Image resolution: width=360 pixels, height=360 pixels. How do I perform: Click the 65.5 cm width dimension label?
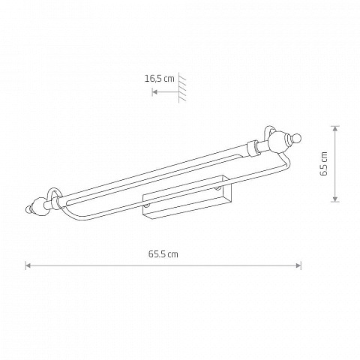(163, 254)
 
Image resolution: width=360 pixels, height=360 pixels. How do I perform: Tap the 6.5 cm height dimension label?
(324, 163)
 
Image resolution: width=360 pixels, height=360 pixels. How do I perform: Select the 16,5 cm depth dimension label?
(160, 79)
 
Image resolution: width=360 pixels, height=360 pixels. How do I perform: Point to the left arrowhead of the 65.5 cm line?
(28, 265)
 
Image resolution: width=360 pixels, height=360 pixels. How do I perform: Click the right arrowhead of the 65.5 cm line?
(298, 265)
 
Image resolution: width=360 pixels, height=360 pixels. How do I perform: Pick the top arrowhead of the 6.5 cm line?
(335, 128)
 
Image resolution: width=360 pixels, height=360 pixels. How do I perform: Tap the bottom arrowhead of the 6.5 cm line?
(335, 199)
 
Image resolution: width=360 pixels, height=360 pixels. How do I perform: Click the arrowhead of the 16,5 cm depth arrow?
(154, 92)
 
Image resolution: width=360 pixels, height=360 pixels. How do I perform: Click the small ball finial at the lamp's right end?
(297, 138)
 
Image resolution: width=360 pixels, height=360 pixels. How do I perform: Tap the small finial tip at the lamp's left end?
(29, 209)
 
